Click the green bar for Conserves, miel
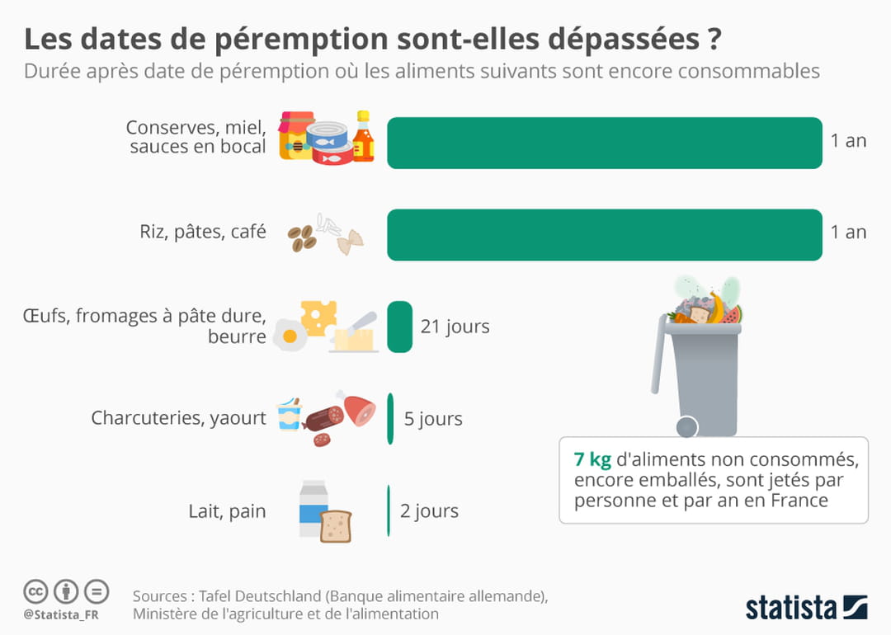[x=604, y=143]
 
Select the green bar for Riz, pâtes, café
[x=604, y=235]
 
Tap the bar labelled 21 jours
[x=399, y=327]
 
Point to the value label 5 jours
[x=433, y=419]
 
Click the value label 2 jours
[x=429, y=511]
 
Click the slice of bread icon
[x=336, y=526]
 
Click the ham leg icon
[x=359, y=409]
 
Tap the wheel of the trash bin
[x=686, y=426]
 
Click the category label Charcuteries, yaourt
[x=178, y=419]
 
